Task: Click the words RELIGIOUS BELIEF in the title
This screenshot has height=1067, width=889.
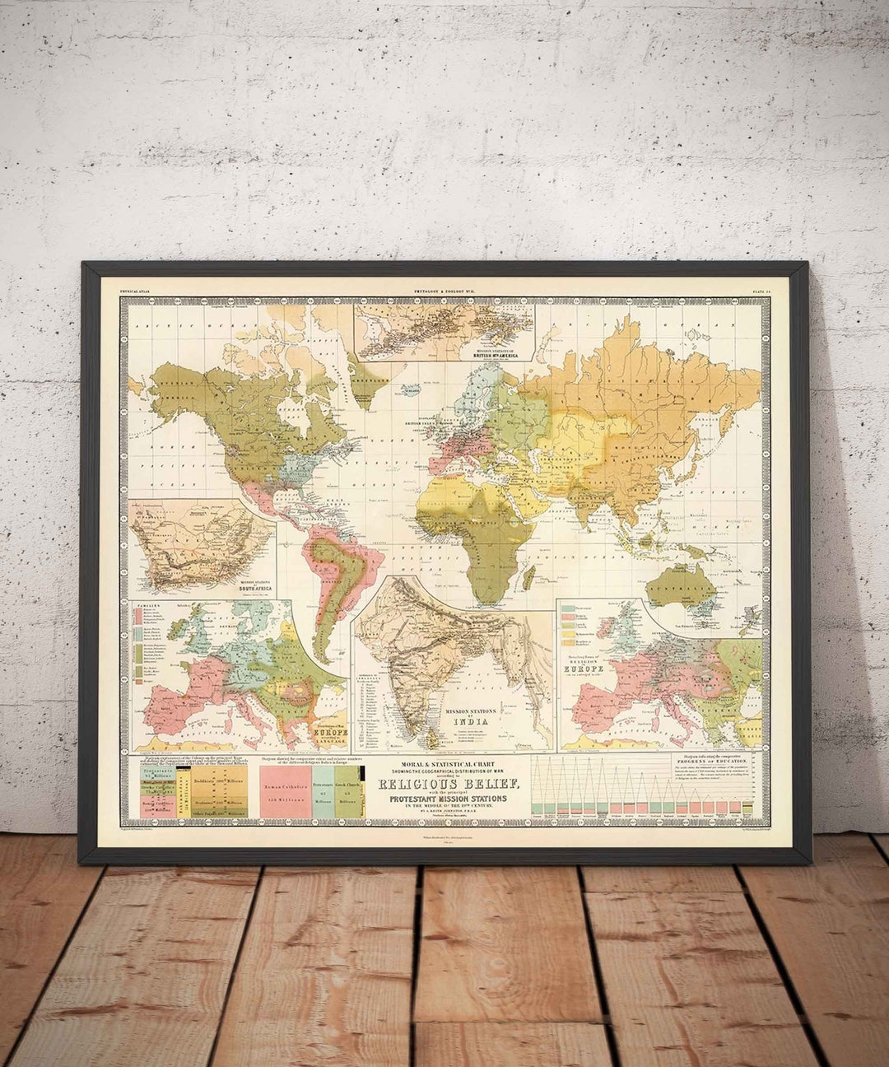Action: [x=449, y=783]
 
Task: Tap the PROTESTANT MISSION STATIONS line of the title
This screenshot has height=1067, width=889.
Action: [x=449, y=797]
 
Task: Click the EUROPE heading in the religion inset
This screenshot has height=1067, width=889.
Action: [x=590, y=668]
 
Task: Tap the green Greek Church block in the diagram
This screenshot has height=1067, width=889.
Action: [x=347, y=792]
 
